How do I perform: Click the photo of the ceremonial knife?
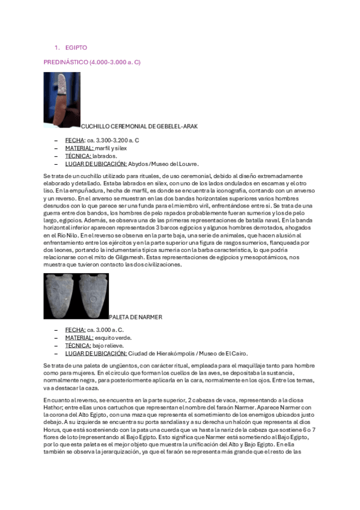click(x=62, y=99)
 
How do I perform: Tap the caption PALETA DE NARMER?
click(x=135, y=317)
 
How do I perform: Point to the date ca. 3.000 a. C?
click(x=105, y=330)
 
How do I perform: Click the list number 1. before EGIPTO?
click(x=56, y=47)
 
